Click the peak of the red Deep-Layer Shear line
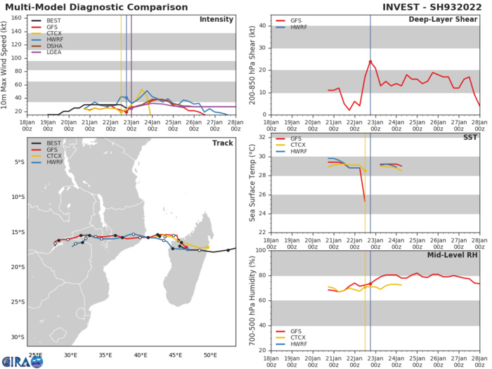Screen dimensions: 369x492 [370, 60]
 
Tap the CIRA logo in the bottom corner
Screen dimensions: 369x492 [22, 361]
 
